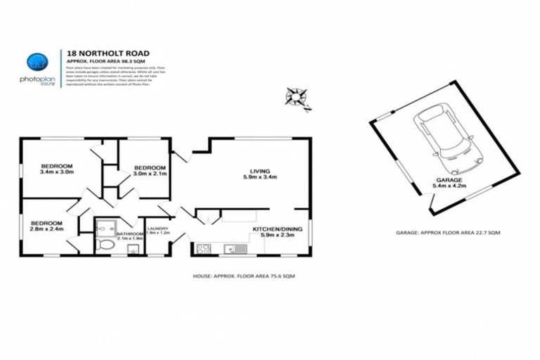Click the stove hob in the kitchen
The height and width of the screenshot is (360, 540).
pyautogui.click(x=204, y=248)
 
